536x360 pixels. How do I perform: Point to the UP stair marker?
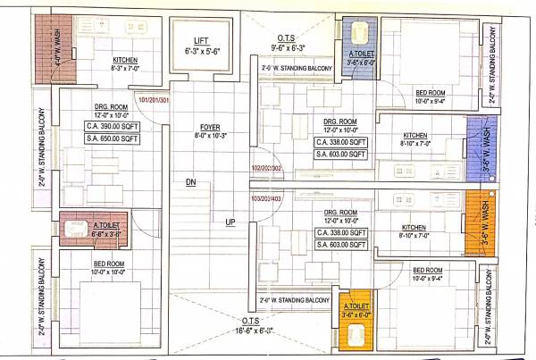point(230,222)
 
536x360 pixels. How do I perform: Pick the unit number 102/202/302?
point(265,169)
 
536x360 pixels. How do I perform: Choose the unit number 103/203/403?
point(265,197)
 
